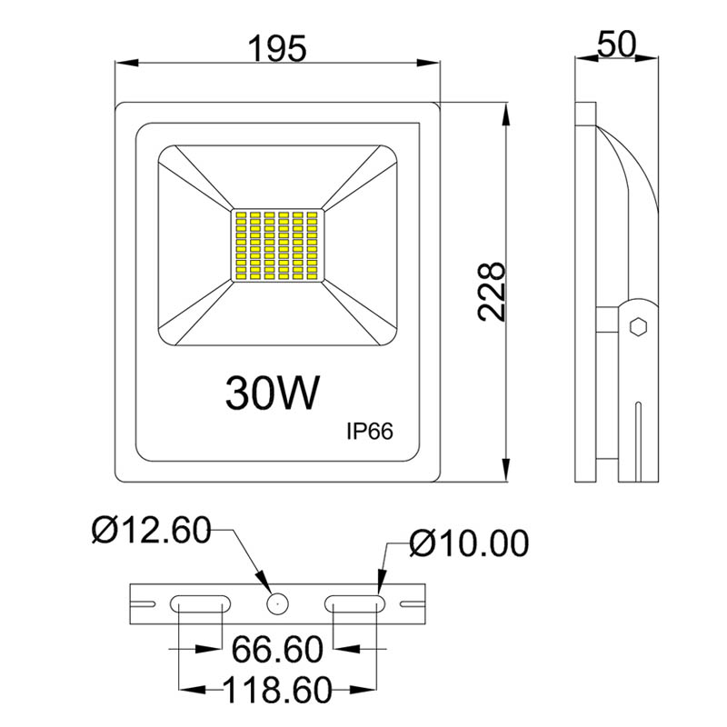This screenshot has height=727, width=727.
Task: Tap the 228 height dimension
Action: pyautogui.click(x=492, y=292)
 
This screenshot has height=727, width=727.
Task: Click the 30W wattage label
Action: pyautogui.click(x=273, y=393)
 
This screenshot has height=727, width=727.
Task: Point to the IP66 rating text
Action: pyautogui.click(x=368, y=433)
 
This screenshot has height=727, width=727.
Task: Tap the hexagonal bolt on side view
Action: pyautogui.click(x=638, y=326)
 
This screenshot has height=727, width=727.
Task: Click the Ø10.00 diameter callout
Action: pyautogui.click(x=468, y=543)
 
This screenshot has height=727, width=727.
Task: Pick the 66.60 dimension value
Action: pyautogui.click(x=278, y=650)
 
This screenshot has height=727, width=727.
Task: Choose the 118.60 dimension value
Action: pyautogui.click(x=278, y=692)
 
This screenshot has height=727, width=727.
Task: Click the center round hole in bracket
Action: pyautogui.click(x=277, y=602)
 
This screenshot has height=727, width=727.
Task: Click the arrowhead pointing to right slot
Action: pyautogui.click(x=381, y=582)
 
